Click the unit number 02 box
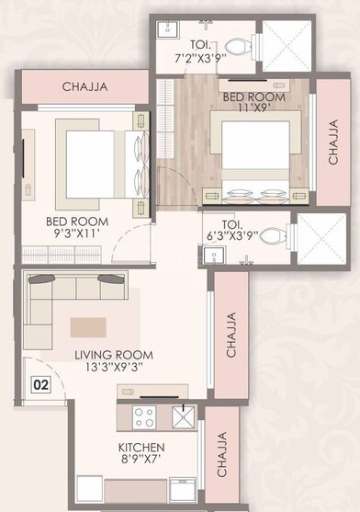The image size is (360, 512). pyautogui.click(x=40, y=384)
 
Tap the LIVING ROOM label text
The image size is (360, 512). pyautogui.click(x=114, y=355)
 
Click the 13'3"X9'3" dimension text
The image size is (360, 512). pyautogui.click(x=114, y=369)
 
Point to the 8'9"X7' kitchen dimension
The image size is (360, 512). pyautogui.click(x=142, y=461)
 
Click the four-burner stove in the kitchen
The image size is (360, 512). pyautogui.click(x=144, y=417)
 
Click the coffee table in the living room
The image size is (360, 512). pyautogui.click(x=91, y=325)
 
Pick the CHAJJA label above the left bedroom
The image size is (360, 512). pyautogui.click(x=85, y=87)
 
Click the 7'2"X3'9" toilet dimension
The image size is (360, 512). pyautogui.click(x=202, y=58)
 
